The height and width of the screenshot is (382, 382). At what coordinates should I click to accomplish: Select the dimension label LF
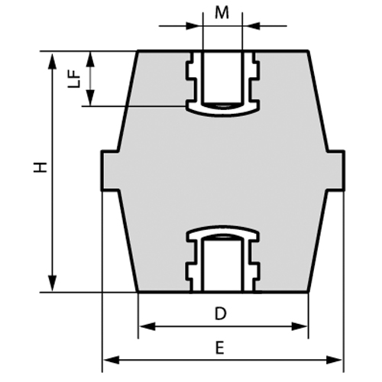74,79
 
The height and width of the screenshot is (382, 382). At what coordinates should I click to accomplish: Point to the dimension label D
220,313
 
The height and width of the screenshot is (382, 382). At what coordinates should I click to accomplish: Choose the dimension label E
219,347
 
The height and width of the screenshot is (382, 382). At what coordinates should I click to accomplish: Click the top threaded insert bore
222,76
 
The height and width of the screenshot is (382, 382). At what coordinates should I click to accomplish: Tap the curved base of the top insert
222,110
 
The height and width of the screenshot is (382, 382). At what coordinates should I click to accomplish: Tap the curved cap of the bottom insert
222,231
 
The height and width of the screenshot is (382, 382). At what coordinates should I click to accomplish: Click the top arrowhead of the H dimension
52,57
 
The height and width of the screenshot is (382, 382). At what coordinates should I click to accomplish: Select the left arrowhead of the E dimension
108,359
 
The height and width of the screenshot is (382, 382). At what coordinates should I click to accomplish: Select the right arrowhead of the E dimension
338,359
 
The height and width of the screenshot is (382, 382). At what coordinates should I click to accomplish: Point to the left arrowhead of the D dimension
144,326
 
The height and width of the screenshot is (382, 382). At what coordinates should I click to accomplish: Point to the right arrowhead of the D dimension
303,326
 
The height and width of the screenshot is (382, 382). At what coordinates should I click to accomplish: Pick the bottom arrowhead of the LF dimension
91,99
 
